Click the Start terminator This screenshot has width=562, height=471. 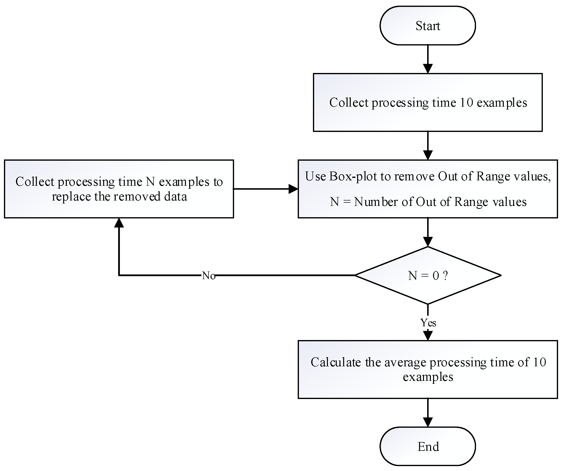[x=427, y=26]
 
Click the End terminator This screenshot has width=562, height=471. [x=427, y=447]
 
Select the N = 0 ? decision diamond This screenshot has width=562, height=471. [x=427, y=275]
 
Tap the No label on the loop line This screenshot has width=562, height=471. [x=209, y=275]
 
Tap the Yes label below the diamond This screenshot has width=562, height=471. [x=428, y=323]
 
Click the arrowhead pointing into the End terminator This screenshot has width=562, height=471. [x=428, y=422]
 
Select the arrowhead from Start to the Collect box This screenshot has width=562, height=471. [x=428, y=69]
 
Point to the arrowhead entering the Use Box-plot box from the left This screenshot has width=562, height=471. [x=293, y=189]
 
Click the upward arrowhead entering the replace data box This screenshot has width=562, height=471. [x=119, y=223]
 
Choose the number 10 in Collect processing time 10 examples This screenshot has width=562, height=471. [x=466, y=102]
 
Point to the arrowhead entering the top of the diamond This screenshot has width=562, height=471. [x=428, y=242]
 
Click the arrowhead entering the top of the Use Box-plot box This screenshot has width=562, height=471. [x=428, y=155]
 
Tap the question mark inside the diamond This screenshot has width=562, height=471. [x=445, y=275]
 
